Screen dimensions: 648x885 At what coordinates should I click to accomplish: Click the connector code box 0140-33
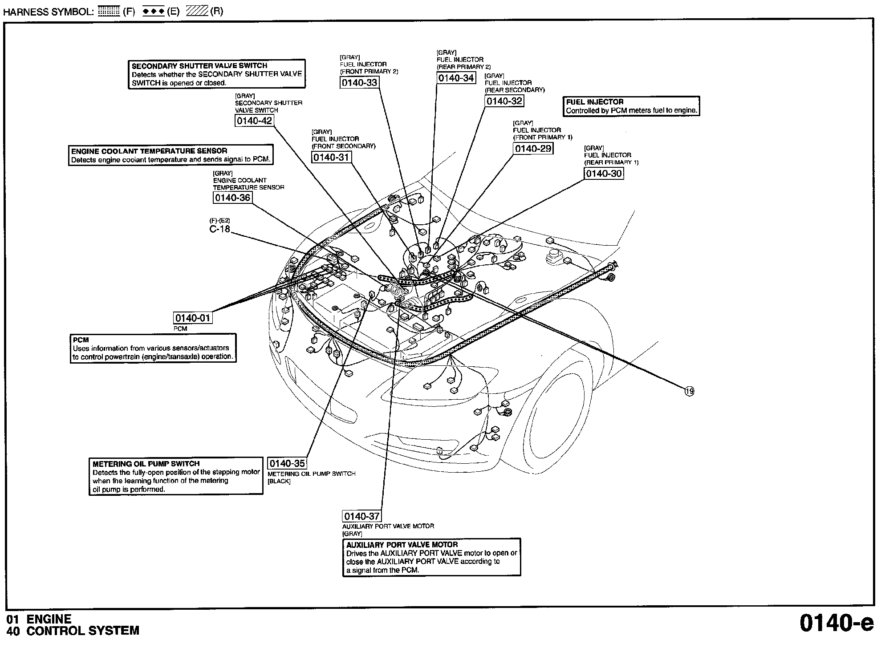359,83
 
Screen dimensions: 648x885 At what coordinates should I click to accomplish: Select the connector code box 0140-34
456,78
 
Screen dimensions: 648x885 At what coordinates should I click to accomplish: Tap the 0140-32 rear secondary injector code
504,101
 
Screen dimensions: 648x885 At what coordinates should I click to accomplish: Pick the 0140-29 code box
533,149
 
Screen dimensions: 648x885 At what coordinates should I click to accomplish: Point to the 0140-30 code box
604,174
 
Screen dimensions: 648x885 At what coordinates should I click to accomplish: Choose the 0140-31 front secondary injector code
331,158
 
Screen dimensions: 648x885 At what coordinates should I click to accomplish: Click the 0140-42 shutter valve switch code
254,121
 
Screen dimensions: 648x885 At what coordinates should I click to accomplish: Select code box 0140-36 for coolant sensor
232,198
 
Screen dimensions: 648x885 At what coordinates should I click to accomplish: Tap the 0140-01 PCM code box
192,318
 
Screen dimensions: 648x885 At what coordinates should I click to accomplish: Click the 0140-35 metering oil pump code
287,464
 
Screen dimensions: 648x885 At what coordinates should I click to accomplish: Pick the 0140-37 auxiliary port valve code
361,516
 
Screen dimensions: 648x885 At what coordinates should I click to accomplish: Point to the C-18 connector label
220,229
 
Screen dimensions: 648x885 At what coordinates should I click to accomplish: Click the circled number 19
689,392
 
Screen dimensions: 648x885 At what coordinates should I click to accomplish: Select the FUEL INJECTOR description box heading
595,102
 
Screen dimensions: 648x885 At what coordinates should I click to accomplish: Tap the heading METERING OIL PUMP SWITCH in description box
146,464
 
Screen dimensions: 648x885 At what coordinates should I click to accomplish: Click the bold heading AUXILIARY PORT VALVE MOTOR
402,545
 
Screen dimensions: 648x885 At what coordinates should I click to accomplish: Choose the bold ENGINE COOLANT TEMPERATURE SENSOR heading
149,151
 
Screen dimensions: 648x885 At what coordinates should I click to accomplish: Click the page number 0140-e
836,623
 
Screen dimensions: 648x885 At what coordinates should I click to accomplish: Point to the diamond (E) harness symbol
154,12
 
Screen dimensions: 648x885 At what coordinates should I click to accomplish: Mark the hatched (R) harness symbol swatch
197,12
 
